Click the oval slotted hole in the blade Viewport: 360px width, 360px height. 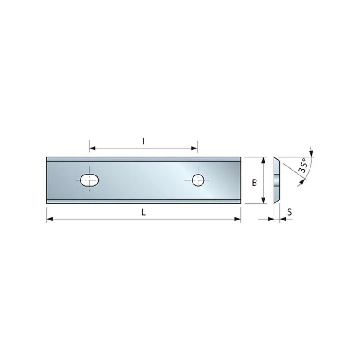click(90, 180)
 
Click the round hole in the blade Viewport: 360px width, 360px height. click(198, 180)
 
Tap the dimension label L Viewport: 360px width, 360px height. click(144, 213)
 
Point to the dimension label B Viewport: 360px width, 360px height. click(254, 183)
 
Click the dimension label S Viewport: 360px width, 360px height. click(289, 212)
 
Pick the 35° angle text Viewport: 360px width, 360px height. click(303, 165)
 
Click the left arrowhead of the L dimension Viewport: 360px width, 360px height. click(49, 219)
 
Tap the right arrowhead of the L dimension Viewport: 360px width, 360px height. click(238, 219)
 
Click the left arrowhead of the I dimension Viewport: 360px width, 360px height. click(92, 148)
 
